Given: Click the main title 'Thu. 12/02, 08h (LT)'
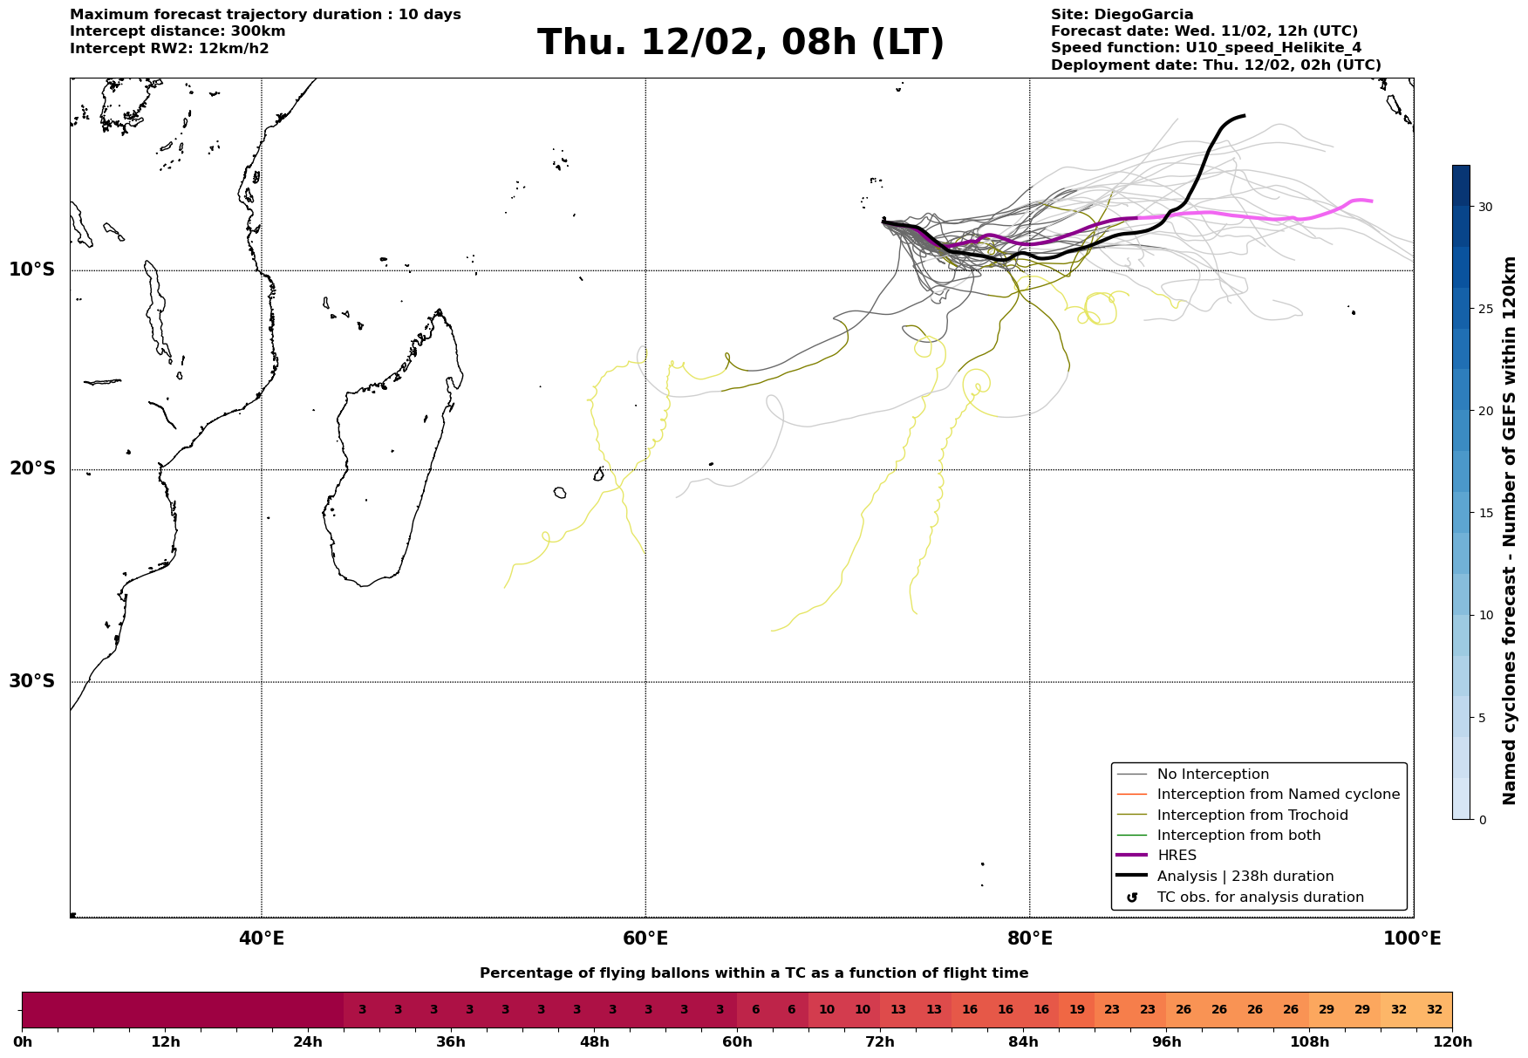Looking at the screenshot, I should coord(740,43).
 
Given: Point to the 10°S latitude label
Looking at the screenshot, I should coord(32,270).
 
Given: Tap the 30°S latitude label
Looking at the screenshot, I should coord(32,681).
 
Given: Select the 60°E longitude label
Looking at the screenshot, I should coord(645,939).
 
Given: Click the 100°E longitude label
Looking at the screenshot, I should coord(1412,939).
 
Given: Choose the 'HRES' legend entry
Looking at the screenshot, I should coord(1177,856).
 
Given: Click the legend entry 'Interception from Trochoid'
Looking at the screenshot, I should coord(1252,816).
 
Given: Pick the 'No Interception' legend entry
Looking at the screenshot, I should coord(1212,775).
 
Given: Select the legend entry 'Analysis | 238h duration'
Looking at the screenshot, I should coord(1245,877).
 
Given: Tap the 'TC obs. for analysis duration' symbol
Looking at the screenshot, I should coord(1132,898).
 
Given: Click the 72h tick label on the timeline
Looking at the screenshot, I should coord(880,1042).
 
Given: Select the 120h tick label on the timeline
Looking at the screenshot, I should coord(1452,1042).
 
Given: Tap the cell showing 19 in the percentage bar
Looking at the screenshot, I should coord(1076,1010).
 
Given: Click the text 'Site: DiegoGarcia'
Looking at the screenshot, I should coord(1122,15).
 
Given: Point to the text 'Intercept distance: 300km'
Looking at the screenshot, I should coord(177,31).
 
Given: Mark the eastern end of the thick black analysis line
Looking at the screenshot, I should coord(1244,115).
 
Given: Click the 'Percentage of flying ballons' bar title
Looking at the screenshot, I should coord(754,973).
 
